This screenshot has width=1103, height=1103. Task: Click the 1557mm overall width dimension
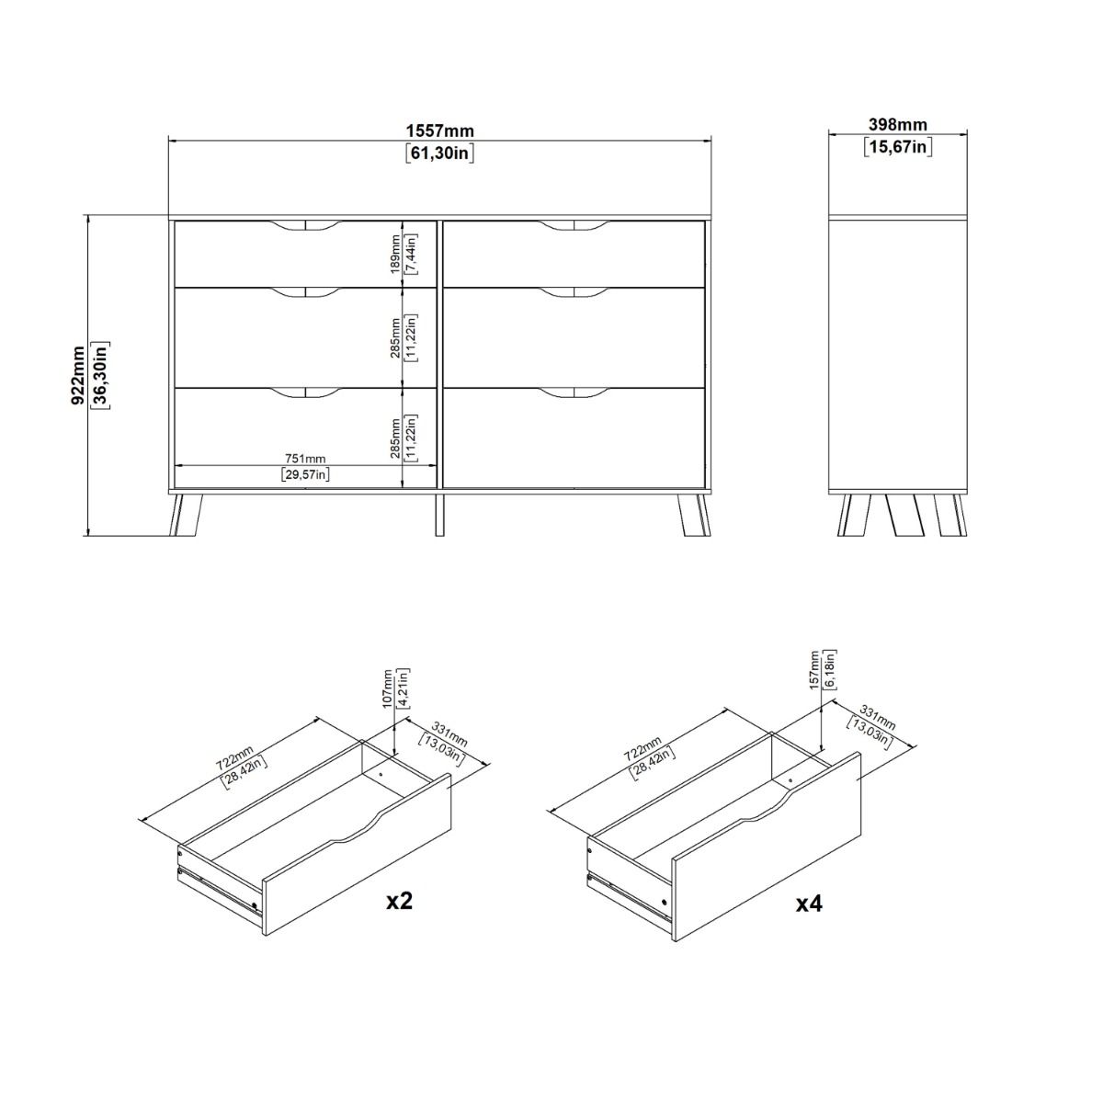[439, 131]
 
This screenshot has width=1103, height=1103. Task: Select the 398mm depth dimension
[897, 125]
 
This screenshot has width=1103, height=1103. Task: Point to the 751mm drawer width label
[304, 459]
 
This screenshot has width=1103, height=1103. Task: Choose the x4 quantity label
[808, 904]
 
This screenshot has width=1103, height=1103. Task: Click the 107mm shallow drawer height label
[387, 686]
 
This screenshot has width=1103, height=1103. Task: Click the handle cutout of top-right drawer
[574, 226]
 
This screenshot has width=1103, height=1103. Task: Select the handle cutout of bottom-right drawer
[574, 393]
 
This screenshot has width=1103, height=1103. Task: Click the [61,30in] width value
[439, 154]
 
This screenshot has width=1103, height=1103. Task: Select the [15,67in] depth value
[897, 146]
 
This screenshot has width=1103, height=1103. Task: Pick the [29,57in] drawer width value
[304, 474]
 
